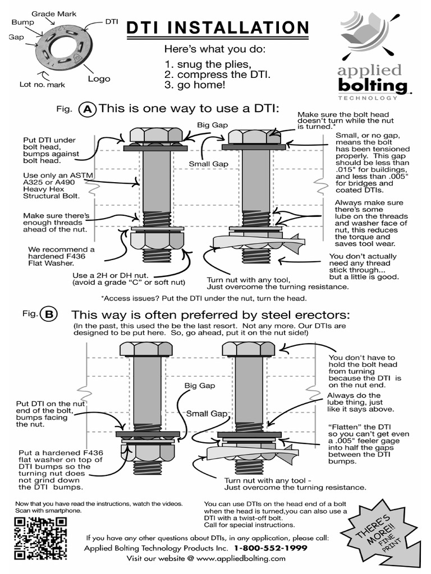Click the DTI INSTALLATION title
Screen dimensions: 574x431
click(x=217, y=28)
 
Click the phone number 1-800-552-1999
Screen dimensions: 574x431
click(x=270, y=548)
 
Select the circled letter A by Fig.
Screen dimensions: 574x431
click(x=88, y=109)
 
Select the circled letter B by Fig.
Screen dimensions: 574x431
click(x=49, y=314)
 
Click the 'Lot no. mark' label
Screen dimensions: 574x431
click(x=42, y=85)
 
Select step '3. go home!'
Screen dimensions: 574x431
click(x=195, y=85)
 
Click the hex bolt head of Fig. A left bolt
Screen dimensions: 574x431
click(x=156, y=135)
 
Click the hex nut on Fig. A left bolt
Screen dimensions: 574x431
click(x=157, y=242)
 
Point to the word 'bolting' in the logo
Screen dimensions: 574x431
click(x=372, y=86)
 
